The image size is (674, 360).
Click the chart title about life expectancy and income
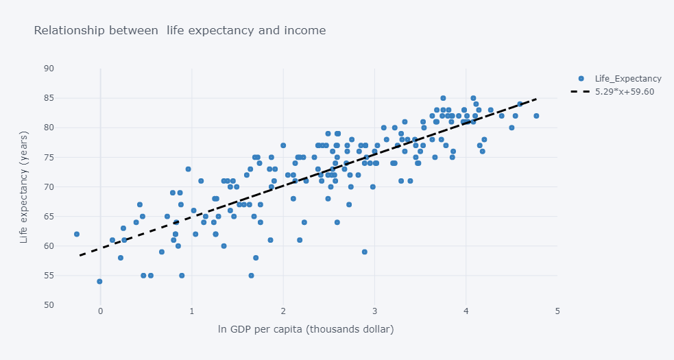pyautogui.click(x=180, y=31)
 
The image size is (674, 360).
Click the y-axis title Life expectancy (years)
pyautogui.click(x=24, y=187)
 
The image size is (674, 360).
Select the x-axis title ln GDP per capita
pyautogui.click(x=306, y=330)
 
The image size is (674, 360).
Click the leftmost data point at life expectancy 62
pyautogui.click(x=77, y=234)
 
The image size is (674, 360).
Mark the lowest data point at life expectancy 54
pyautogui.click(x=99, y=281)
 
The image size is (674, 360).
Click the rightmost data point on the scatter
pyautogui.click(x=536, y=116)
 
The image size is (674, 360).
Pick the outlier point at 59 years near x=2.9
pyautogui.click(x=365, y=252)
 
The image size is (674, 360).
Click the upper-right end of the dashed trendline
pyautogui.click(x=537, y=98)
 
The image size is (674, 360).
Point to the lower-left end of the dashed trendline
pyautogui.click(x=80, y=256)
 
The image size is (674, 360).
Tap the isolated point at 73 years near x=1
pyautogui.click(x=188, y=169)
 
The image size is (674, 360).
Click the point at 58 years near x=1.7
pyautogui.click(x=256, y=258)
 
